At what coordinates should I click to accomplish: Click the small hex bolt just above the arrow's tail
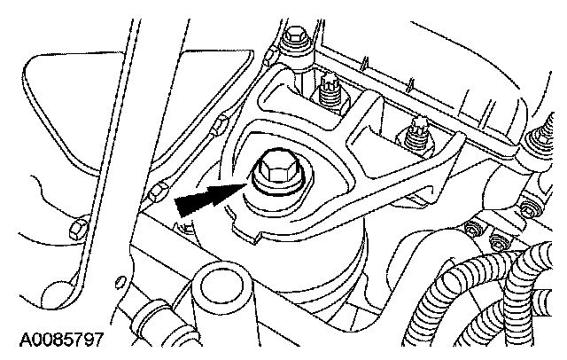tap(159, 192)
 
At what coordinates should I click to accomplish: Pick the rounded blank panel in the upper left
tap(71, 106)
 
